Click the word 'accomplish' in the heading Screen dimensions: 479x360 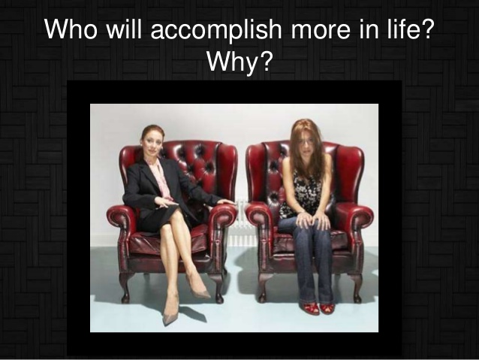click(x=216, y=30)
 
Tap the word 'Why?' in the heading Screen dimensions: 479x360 click(x=239, y=61)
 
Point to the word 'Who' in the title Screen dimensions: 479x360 click(x=71, y=29)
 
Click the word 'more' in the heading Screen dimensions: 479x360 click(x=321, y=32)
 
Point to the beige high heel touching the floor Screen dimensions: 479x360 click(x=170, y=314)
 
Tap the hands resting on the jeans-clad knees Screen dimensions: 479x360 click(x=312, y=219)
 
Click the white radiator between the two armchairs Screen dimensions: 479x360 click(x=243, y=222)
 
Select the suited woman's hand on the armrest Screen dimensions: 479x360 click(x=225, y=202)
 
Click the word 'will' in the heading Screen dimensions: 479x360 click(x=124, y=29)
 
